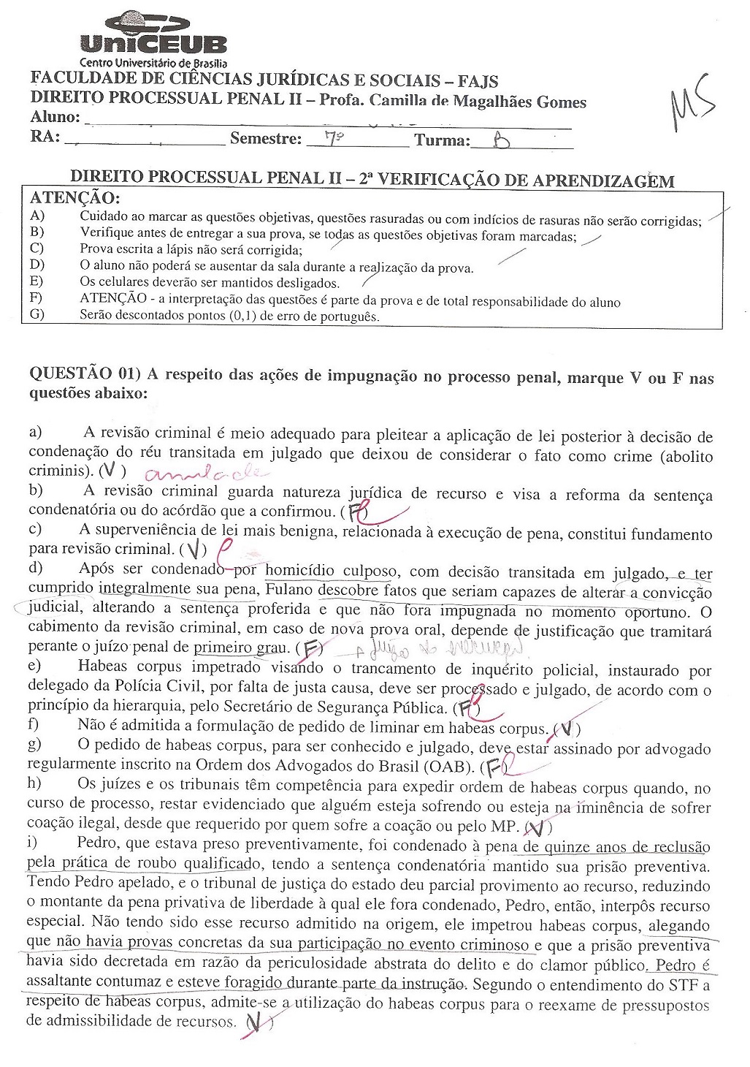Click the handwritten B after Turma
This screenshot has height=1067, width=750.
tap(502, 140)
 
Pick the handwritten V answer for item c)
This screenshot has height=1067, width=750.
tap(194, 548)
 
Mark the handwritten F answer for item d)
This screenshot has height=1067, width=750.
tap(312, 648)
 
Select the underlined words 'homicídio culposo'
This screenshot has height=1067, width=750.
tap(332, 571)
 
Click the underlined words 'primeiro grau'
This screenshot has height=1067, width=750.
tap(240, 648)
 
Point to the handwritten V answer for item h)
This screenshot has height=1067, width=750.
tap(538, 827)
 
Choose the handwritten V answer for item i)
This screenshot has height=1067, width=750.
tap(255, 1025)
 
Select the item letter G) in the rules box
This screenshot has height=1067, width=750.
tap(37, 315)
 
